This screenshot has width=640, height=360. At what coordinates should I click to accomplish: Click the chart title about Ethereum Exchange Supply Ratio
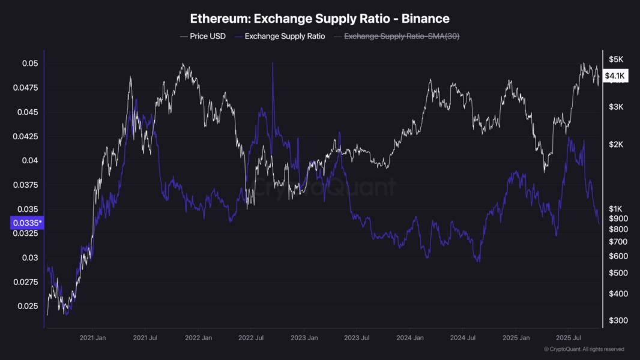pos(319,19)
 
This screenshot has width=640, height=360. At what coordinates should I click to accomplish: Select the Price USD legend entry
pos(202,37)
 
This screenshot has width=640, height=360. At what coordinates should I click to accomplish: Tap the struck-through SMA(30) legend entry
pos(400,37)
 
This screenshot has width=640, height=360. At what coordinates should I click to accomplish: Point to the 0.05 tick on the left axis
pos(31,64)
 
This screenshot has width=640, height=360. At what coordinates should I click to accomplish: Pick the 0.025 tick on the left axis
pos(29,306)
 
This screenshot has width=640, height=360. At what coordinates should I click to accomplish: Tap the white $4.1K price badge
pos(615,76)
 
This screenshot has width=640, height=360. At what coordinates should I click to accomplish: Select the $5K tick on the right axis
pos(616,59)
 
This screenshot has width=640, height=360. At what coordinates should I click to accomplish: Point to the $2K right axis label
pos(616,145)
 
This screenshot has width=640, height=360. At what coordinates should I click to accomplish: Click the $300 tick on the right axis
pos(617,320)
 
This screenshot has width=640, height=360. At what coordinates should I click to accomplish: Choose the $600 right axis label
pos(617,256)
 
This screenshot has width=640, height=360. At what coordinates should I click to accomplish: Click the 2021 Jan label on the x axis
pos(94,338)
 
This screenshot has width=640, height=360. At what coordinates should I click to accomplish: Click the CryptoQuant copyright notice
pos(584,349)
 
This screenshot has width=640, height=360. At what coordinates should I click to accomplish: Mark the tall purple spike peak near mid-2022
pos(273,63)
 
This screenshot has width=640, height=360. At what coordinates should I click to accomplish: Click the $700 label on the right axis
pos(617,241)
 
